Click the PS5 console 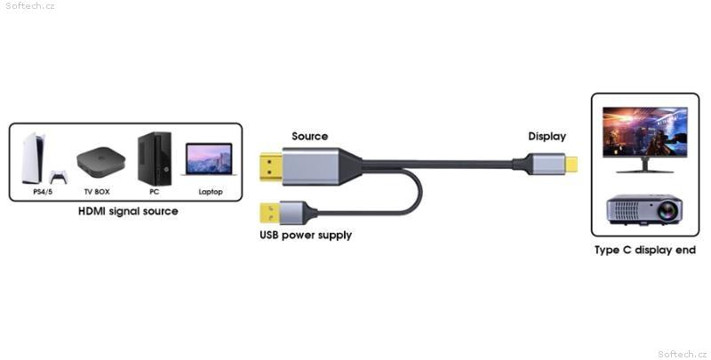(33, 158)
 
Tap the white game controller (59, 177)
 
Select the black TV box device (100, 162)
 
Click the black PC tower (155, 159)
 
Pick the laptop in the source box (209, 159)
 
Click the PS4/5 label (43, 192)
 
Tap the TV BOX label (97, 192)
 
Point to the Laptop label (211, 192)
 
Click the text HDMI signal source (128, 212)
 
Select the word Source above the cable (309, 136)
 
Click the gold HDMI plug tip (271, 167)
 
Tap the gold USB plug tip (270, 212)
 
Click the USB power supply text (306, 236)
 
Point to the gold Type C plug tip (571, 164)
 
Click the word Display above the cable (547, 137)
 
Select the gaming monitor (645, 140)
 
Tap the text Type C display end (645, 251)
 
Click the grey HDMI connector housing (311, 166)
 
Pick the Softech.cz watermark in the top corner (30, 6)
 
